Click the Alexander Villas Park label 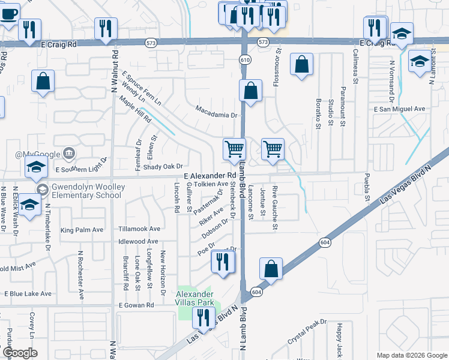(194, 298)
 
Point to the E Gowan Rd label (136, 305)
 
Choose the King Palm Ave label (82, 230)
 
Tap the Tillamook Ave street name (139, 229)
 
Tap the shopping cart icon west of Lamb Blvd (234, 148)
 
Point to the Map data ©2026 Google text (412, 355)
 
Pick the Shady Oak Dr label (162, 166)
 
